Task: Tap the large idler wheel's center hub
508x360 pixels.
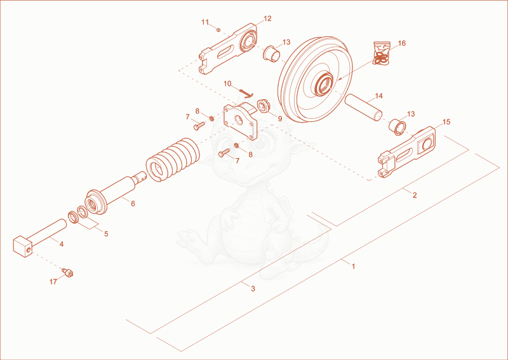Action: coord(324,84)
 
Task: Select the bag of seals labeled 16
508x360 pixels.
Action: coord(382,53)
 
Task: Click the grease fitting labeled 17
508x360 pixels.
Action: coord(68,273)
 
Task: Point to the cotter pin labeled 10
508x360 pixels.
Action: coord(246,93)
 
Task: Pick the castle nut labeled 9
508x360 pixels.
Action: coord(264,107)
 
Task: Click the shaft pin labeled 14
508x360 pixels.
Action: coord(363,107)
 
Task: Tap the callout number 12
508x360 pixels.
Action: coord(267,18)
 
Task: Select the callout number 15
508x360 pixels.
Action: coord(446,122)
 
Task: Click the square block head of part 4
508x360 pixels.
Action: coord(22,246)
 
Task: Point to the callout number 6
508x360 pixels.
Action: coord(133,204)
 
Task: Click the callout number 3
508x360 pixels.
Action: coord(253,288)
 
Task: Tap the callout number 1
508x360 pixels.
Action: coord(354,267)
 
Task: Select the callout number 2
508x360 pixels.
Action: coord(415,195)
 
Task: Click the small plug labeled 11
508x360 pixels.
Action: coord(218,30)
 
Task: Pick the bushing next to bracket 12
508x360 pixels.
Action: coord(272,54)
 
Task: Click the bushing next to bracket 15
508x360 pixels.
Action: coord(398,127)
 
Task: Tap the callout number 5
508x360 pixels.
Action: coord(106,234)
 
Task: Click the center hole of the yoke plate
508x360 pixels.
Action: coord(239,121)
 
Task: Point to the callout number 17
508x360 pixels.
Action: coord(53,282)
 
